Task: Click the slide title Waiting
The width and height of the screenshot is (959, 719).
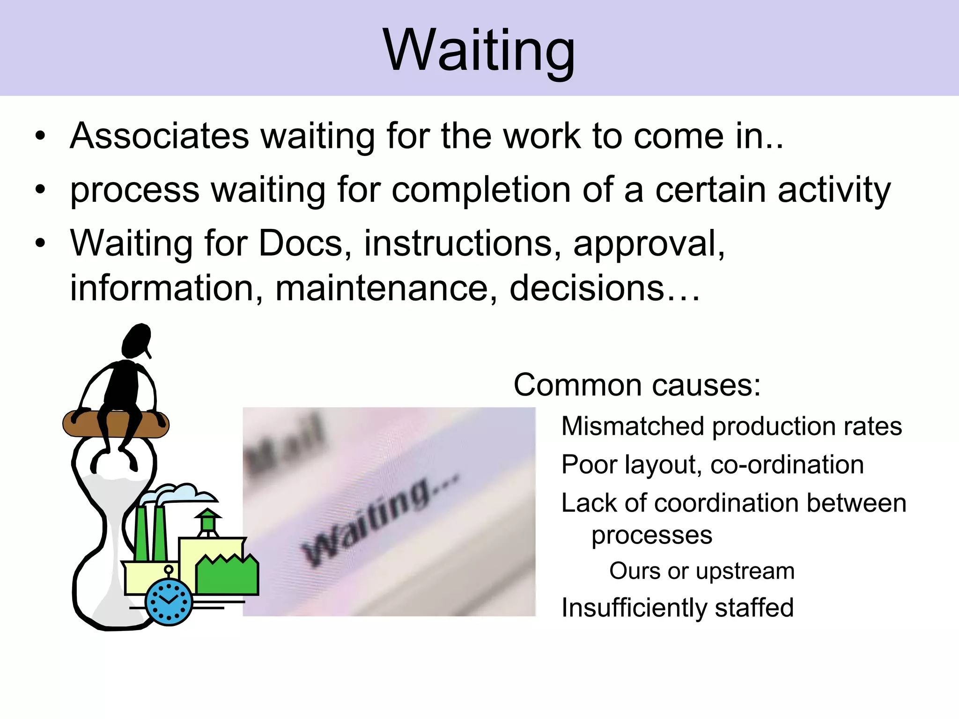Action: [x=479, y=51]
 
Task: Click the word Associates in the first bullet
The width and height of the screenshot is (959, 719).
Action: [x=160, y=136]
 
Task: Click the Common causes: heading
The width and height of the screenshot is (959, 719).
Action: [x=637, y=385]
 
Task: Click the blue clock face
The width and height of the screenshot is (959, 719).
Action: [x=169, y=602]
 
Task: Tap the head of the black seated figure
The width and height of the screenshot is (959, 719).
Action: [x=137, y=340]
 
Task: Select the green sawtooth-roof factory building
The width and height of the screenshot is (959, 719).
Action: [x=227, y=576]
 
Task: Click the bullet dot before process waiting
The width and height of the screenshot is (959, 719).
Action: [x=41, y=190]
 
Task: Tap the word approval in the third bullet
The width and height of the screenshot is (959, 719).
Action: [x=649, y=244]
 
